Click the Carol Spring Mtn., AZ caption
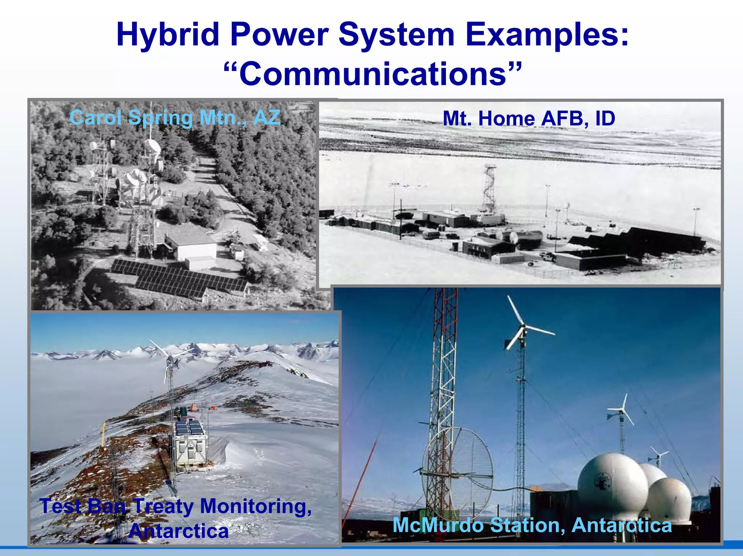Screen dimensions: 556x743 [x=175, y=118]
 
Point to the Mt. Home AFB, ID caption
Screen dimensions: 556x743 [x=529, y=119]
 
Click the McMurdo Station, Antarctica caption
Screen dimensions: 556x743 [x=532, y=525]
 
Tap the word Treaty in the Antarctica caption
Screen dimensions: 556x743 [x=163, y=506]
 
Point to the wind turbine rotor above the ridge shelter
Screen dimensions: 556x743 [x=170, y=361]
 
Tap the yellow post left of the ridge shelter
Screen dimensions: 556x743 [x=103, y=434]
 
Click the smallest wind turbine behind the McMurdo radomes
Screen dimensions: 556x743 [x=658, y=456]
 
